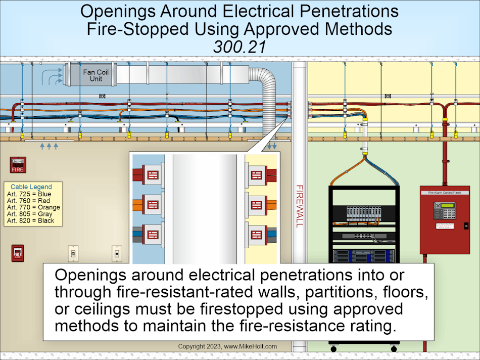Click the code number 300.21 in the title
239,46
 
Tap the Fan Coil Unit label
92,75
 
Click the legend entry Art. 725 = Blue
29,194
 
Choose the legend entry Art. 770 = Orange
33,207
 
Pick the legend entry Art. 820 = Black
30,220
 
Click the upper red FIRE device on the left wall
18,164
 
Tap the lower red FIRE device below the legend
18,253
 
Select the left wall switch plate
73,253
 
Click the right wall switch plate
117,253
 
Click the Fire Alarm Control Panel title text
445,192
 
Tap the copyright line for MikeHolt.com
227,347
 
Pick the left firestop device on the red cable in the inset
152,175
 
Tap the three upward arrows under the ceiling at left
49,146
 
